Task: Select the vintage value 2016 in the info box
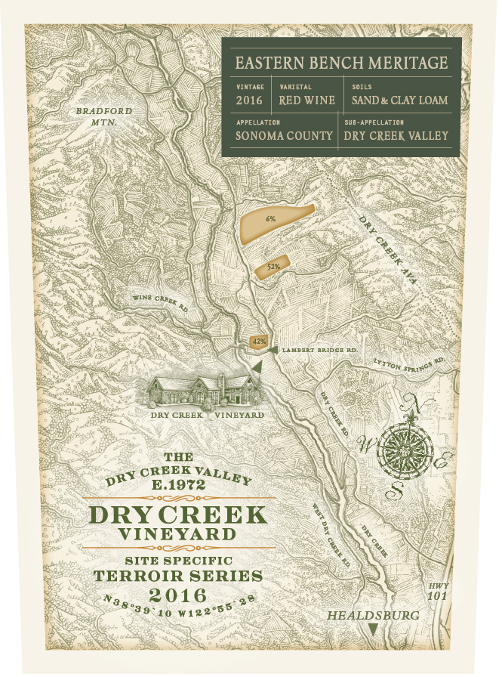(x=248, y=99)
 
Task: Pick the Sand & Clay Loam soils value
(x=400, y=99)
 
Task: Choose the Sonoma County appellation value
(x=284, y=136)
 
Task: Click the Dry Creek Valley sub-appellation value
(x=396, y=136)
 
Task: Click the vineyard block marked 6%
(x=273, y=219)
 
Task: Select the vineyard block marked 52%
(x=273, y=267)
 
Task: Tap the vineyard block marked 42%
(x=258, y=342)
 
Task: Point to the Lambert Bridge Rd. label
(x=318, y=351)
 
